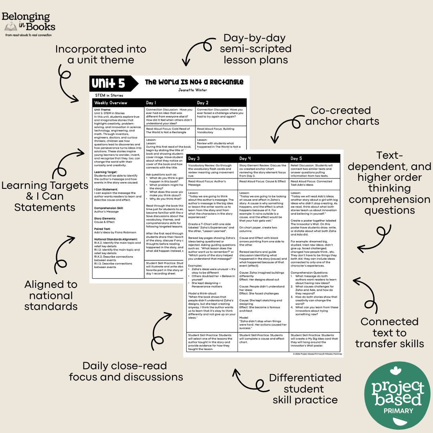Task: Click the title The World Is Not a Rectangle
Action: tap(194, 82)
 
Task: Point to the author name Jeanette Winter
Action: tap(194, 90)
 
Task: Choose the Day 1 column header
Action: tap(151, 103)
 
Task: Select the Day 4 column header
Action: tap(245, 158)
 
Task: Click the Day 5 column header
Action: tap(297, 158)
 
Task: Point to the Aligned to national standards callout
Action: tap(51, 295)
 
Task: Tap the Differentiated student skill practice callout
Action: tap(305, 389)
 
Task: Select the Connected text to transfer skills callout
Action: tap(389, 333)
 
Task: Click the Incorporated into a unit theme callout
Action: tap(101, 55)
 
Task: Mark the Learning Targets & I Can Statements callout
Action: tap(45, 196)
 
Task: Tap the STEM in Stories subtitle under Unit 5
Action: tap(109, 95)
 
